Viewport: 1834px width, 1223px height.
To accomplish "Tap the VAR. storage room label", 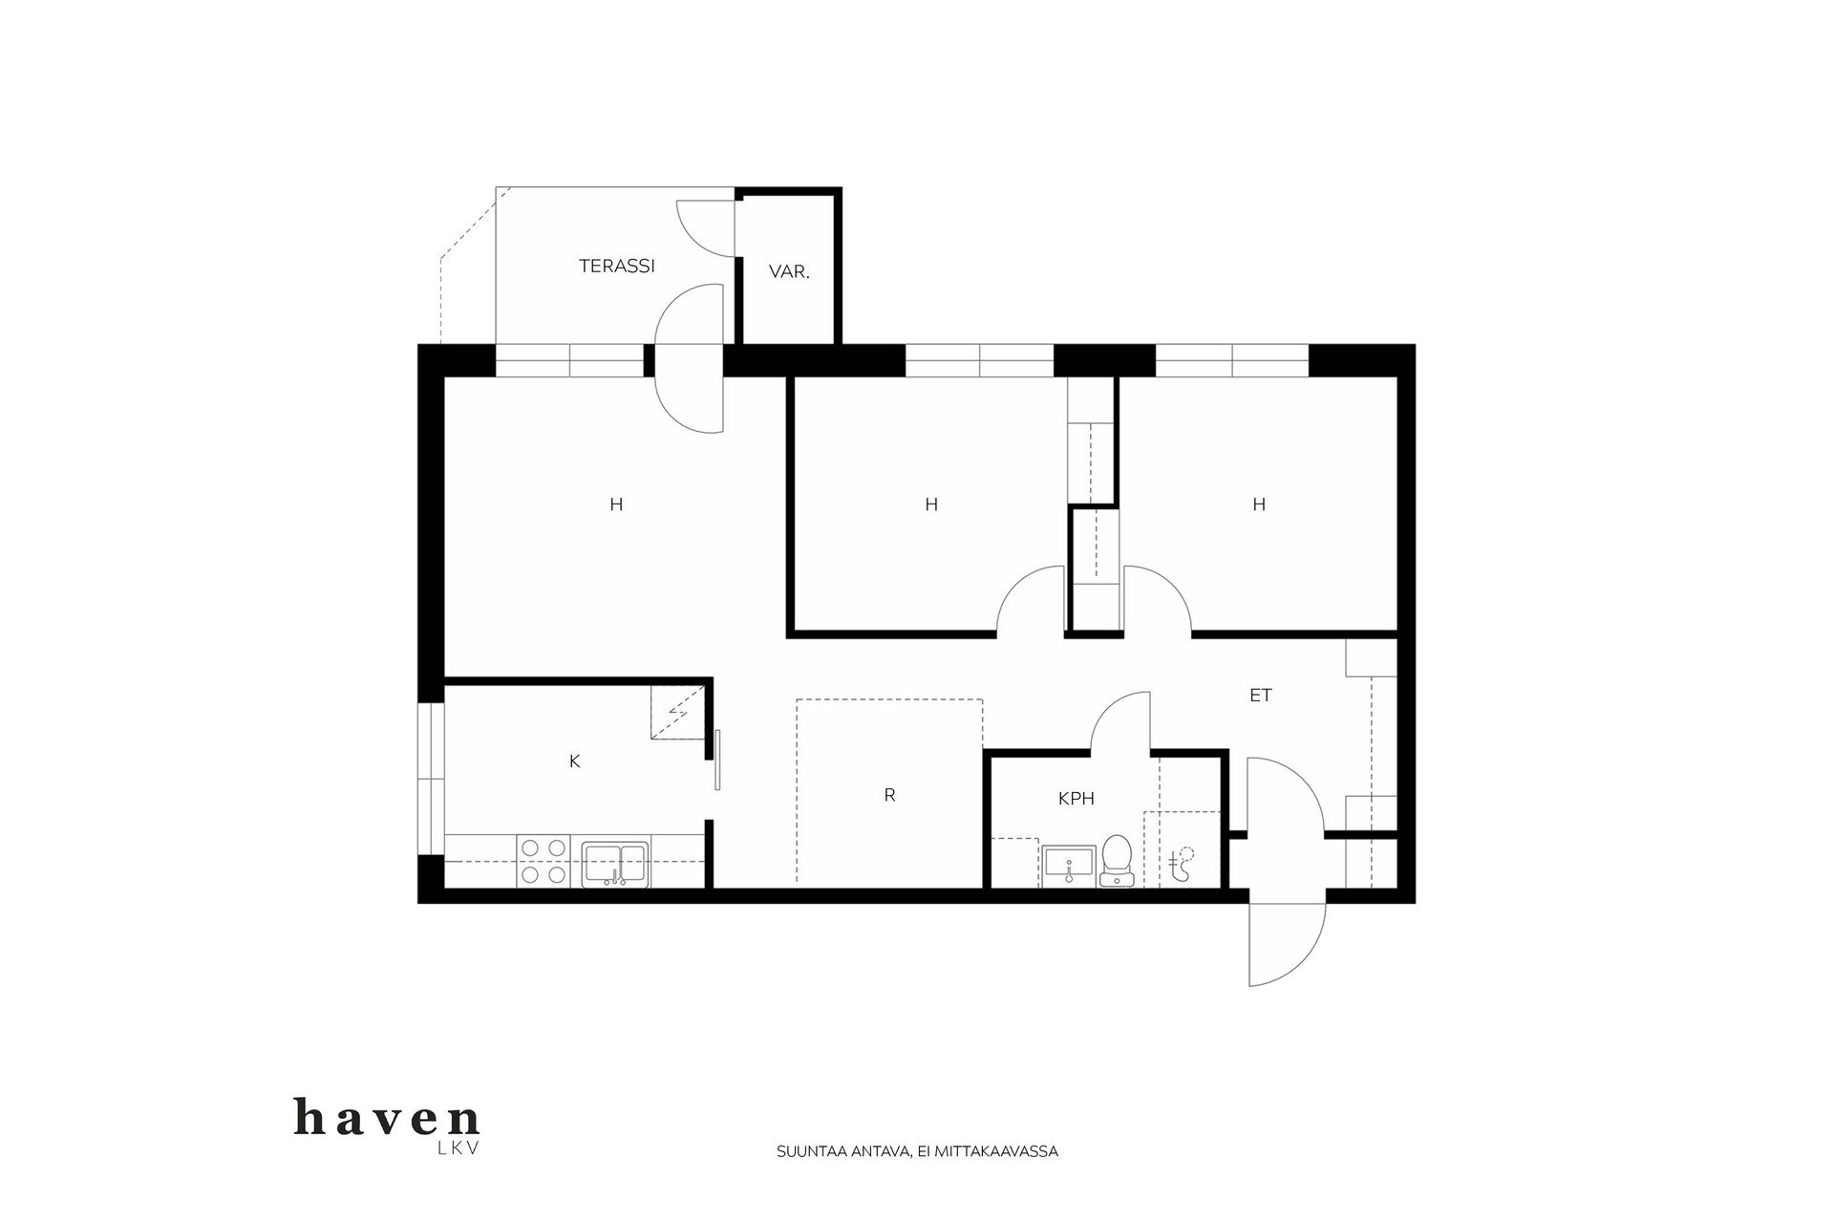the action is click(789, 272).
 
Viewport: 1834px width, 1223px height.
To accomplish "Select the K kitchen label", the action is click(574, 762).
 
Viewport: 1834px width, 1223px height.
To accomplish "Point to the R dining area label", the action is click(889, 795).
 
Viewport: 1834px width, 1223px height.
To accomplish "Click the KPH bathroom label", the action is click(1076, 799).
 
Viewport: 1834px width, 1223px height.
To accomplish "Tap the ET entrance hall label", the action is click(1261, 696).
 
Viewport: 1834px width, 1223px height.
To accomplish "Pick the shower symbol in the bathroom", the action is click(1183, 864).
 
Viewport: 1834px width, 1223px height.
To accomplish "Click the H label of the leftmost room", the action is click(616, 504).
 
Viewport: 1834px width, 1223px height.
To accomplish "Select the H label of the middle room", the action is click(931, 504).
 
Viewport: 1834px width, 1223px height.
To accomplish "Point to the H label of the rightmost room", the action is click(1259, 504).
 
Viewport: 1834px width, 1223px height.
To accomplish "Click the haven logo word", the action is click(387, 1117).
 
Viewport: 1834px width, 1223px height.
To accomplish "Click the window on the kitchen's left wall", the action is click(432, 780).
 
